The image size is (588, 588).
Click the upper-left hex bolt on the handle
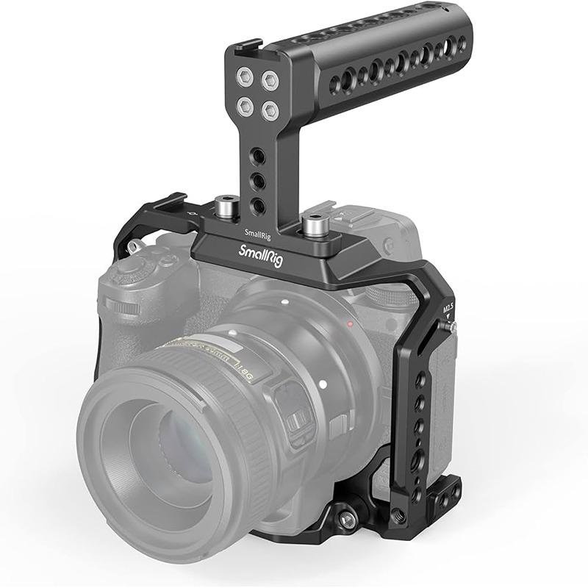245,76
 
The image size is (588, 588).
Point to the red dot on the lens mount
351,323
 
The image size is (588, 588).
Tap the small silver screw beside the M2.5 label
451,326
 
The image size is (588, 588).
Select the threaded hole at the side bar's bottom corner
399,515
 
